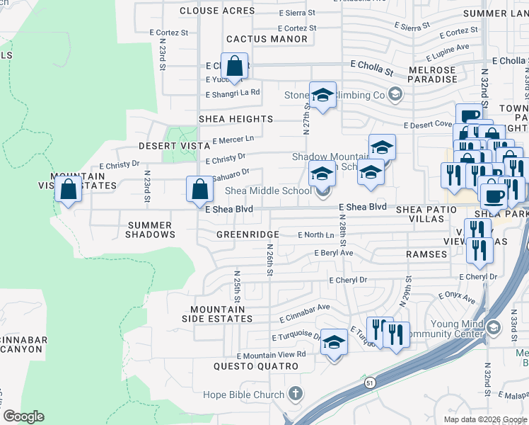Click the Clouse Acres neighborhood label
point(217,11)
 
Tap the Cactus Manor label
point(267,39)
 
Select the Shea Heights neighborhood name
point(236,119)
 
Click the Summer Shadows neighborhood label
point(149,229)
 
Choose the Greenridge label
point(247,234)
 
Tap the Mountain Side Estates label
point(221,314)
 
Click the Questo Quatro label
point(256,366)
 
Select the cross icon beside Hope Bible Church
point(296,394)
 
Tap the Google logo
point(23,416)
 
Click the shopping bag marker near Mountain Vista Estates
point(68,190)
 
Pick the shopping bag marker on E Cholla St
point(235,67)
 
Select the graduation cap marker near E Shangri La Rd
point(322,95)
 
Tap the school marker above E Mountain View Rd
point(334,343)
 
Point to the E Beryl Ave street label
point(334,253)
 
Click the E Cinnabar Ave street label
point(304,308)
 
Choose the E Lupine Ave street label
point(450,48)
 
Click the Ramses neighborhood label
point(426,254)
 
